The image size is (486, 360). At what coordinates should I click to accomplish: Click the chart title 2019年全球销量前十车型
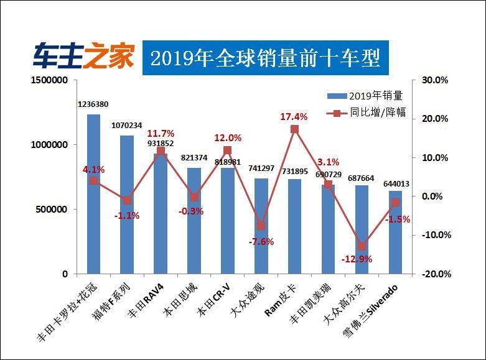pyautogui.click(x=265, y=58)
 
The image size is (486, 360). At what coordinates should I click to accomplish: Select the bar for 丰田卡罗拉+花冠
pyautogui.click(x=93, y=194)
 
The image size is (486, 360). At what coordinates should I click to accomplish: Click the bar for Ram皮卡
pyautogui.click(x=294, y=226)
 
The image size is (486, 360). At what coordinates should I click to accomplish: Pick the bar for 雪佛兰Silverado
pyautogui.click(x=395, y=233)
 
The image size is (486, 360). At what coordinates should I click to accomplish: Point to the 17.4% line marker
pyautogui.click(x=294, y=129)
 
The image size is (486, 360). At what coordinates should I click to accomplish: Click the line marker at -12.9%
pyautogui.click(x=362, y=246)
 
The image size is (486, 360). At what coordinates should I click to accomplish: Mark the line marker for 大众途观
pyautogui.click(x=261, y=226)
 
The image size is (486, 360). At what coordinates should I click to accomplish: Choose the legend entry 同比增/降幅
pyautogui.click(x=366, y=113)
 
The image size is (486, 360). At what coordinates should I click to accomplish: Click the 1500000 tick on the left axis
pyautogui.click(x=49, y=80)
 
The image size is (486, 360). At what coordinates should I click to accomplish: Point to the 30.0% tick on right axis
pyautogui.click(x=435, y=80)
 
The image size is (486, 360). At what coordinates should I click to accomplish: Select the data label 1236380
pyautogui.click(x=93, y=104)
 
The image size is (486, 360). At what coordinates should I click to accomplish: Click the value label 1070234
pyautogui.click(x=127, y=125)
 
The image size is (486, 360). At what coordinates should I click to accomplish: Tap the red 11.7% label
pyautogui.click(x=161, y=134)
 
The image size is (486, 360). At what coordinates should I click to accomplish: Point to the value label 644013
pyautogui.click(x=395, y=183)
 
